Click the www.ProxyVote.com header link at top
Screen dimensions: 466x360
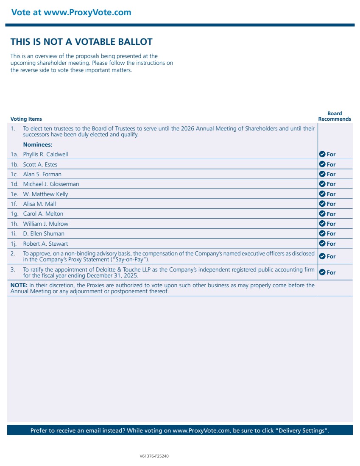pos(87,12)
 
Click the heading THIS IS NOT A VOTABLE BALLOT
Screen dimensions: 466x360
pos(81,42)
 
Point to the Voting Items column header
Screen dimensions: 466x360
pos(26,119)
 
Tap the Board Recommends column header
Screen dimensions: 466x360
pos(335,116)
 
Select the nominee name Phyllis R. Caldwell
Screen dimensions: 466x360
pos(45,154)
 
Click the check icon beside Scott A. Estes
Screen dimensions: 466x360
pos(322,164)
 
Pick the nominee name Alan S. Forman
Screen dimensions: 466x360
pos(42,174)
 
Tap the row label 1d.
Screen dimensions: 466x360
pos(14,184)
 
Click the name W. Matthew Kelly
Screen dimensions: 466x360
pos(45,194)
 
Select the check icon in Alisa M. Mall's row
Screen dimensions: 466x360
pos(322,204)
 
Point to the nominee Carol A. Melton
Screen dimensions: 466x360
pos(43,214)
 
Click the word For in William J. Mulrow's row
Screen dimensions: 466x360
pos(331,224)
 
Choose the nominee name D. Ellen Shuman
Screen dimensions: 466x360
pos(44,233)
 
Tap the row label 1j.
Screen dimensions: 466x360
pos(14,244)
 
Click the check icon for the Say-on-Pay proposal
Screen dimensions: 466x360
pos(322,256)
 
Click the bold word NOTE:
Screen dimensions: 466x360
pos(19,285)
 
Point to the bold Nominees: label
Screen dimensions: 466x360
pos(38,144)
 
